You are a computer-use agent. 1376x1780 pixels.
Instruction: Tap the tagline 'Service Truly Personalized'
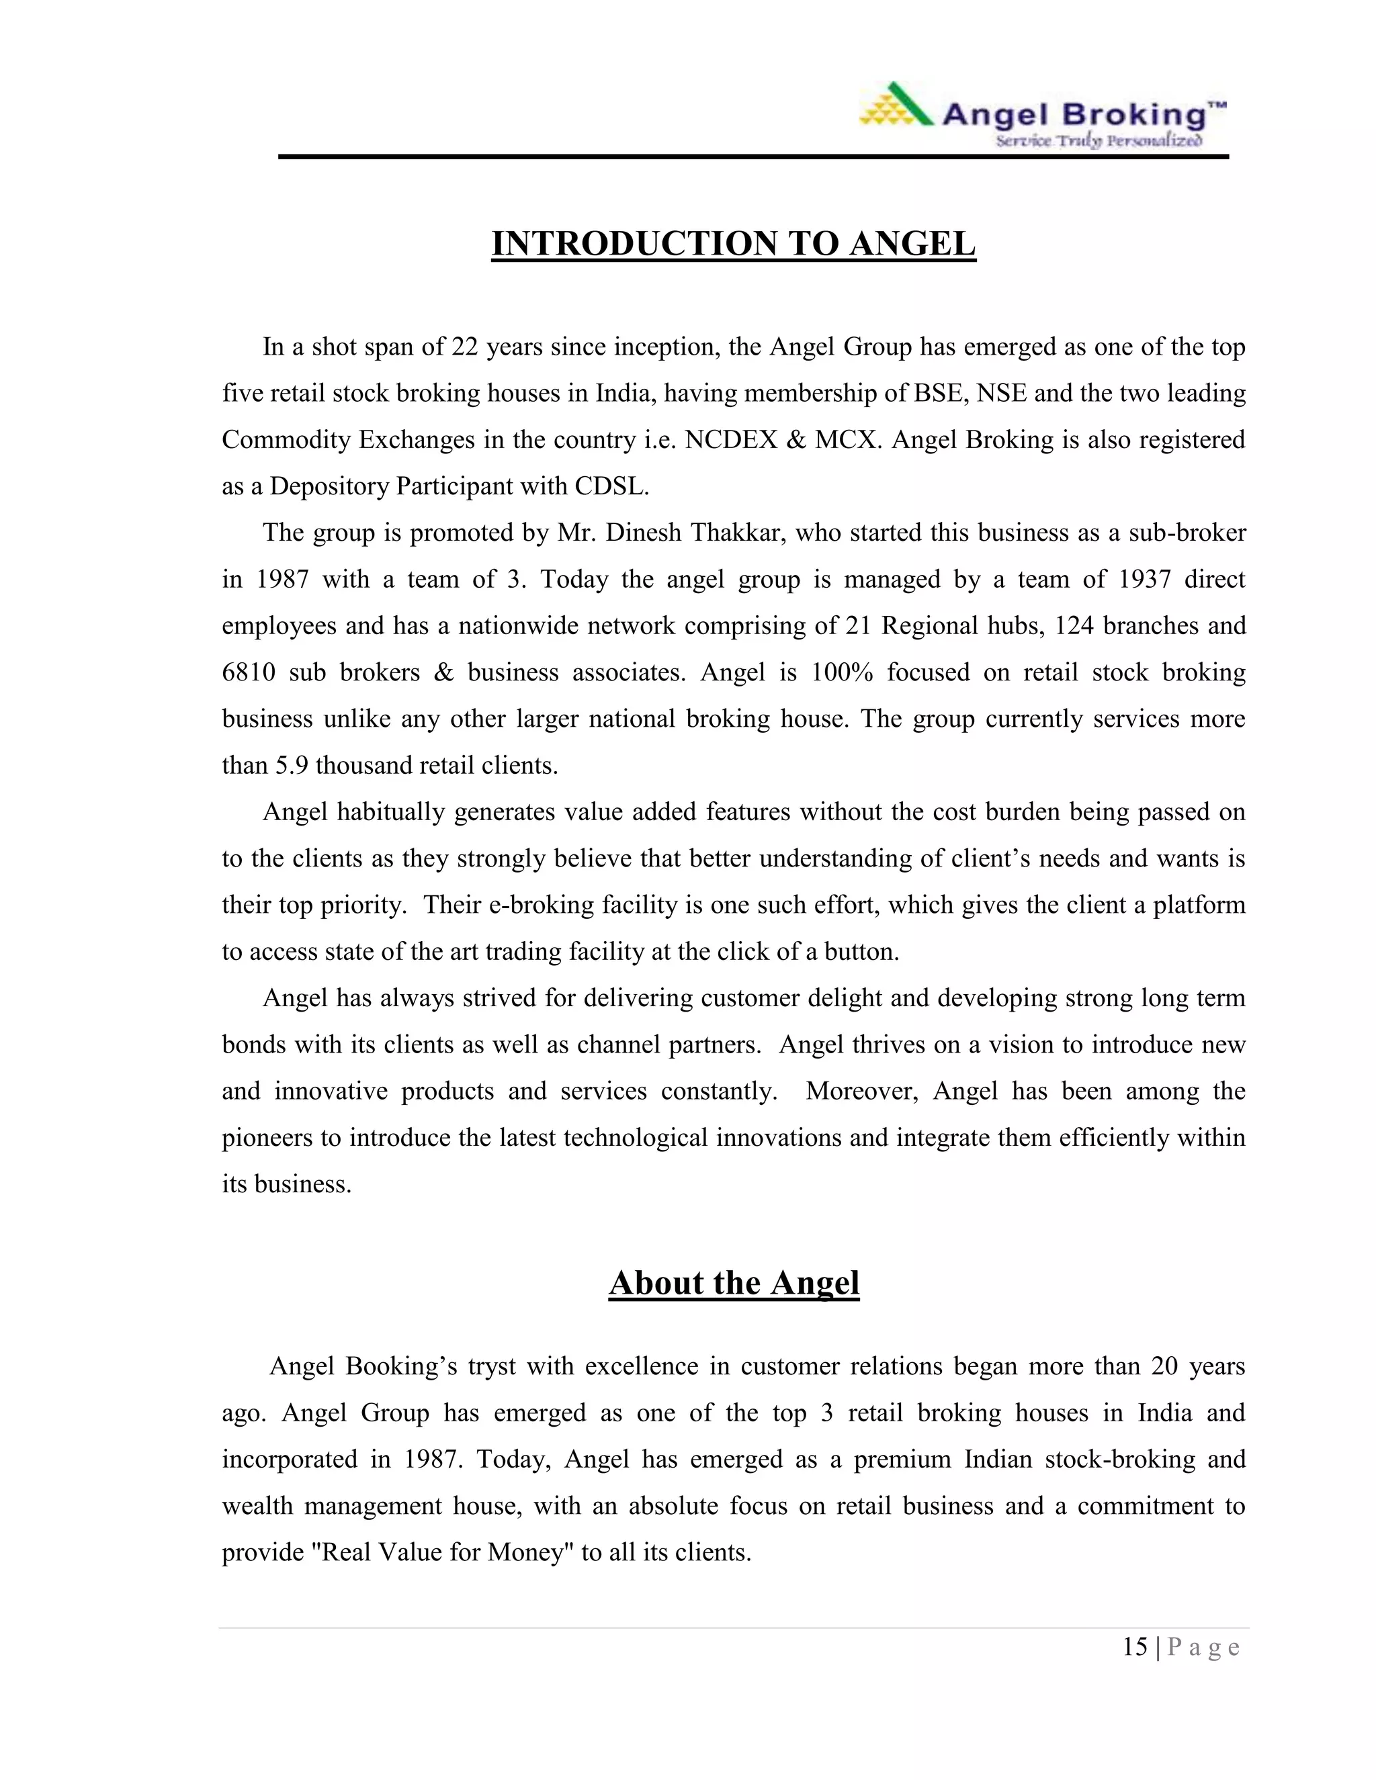(x=1098, y=141)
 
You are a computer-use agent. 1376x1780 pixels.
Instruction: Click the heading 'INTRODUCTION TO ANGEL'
(x=733, y=244)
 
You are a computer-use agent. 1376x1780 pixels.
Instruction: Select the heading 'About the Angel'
(x=734, y=1283)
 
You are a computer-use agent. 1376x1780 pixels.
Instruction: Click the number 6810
(x=249, y=672)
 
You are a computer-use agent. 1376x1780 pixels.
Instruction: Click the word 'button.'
(x=863, y=951)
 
